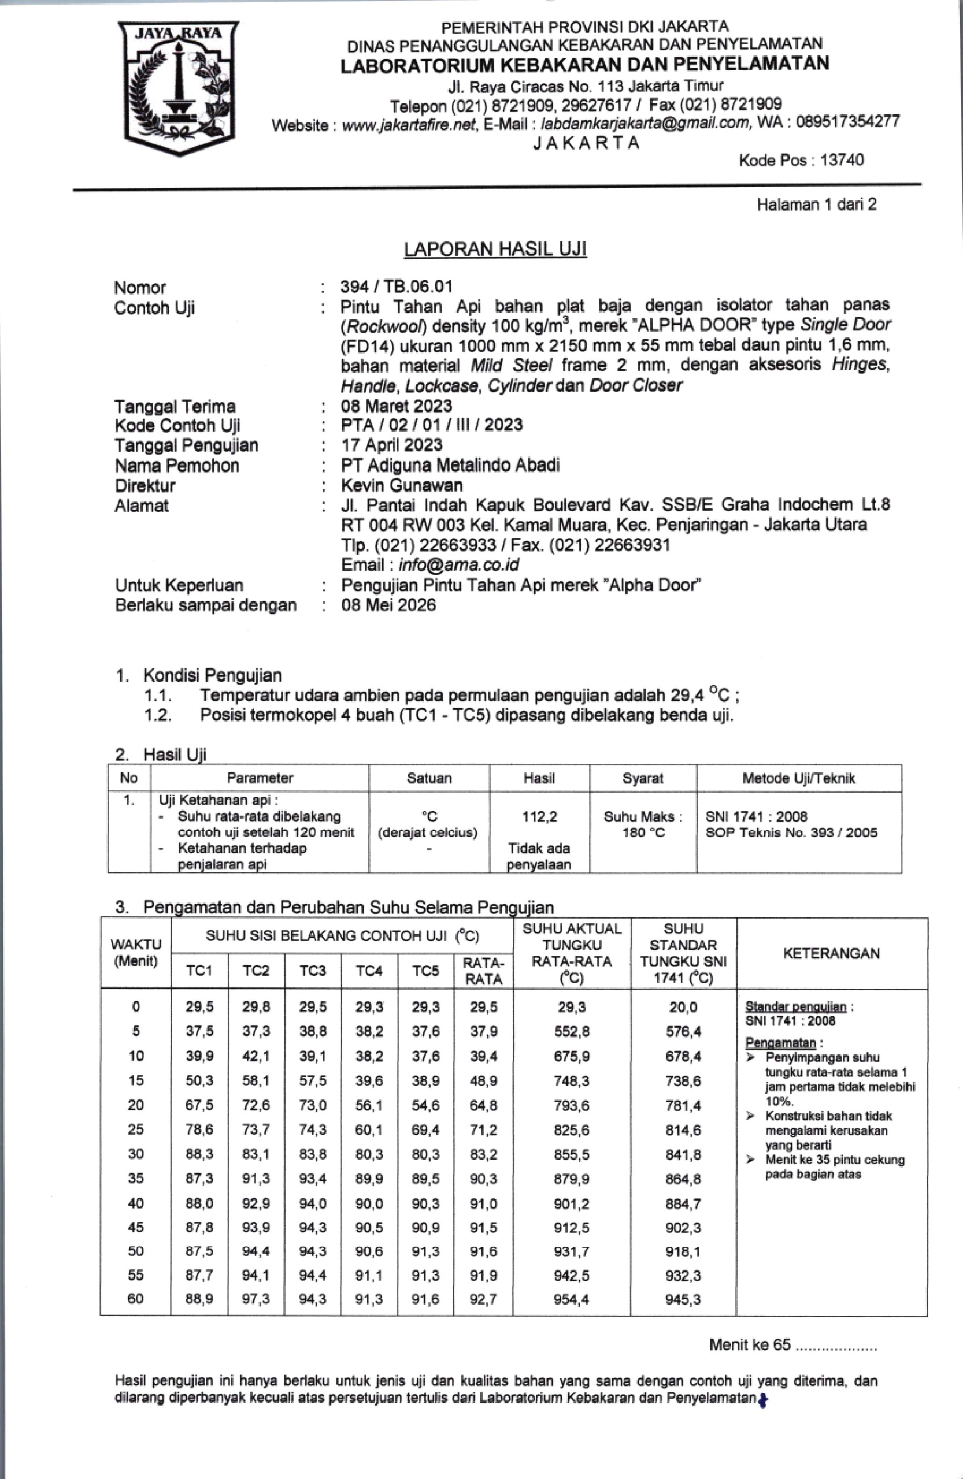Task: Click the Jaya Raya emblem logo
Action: (179, 87)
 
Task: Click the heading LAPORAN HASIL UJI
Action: (495, 249)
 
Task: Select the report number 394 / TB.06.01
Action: (396, 287)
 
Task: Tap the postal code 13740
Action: (842, 161)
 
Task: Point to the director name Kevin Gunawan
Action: (402, 485)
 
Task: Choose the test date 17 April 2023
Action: (392, 445)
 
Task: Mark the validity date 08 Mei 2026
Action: (388, 605)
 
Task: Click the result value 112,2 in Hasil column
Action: (539, 816)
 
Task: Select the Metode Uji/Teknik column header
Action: (798, 778)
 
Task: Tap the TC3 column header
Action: (312, 971)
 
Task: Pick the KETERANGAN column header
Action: (831, 953)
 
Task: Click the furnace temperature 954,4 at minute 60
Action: (571, 1299)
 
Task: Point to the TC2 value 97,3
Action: (255, 1299)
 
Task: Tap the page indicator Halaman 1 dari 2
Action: (816, 205)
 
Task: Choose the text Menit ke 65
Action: (749, 1346)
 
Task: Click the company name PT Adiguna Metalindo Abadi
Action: (450, 465)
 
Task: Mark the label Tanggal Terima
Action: (175, 406)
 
